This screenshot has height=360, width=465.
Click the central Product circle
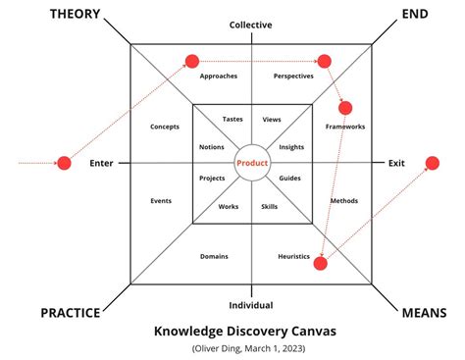251,162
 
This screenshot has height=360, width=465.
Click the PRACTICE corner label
71,313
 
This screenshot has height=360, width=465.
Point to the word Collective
251,25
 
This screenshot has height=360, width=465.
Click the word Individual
251,305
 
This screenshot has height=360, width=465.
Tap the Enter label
103,163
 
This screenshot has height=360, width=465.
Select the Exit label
396,163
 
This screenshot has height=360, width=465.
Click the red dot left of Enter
64,163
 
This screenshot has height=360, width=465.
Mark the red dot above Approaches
192,61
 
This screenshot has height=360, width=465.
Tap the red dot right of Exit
432,163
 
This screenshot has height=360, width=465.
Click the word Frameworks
344,127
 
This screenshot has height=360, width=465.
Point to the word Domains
214,256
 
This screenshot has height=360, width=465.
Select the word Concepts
164,127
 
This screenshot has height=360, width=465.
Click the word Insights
291,147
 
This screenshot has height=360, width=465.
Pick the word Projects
212,178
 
